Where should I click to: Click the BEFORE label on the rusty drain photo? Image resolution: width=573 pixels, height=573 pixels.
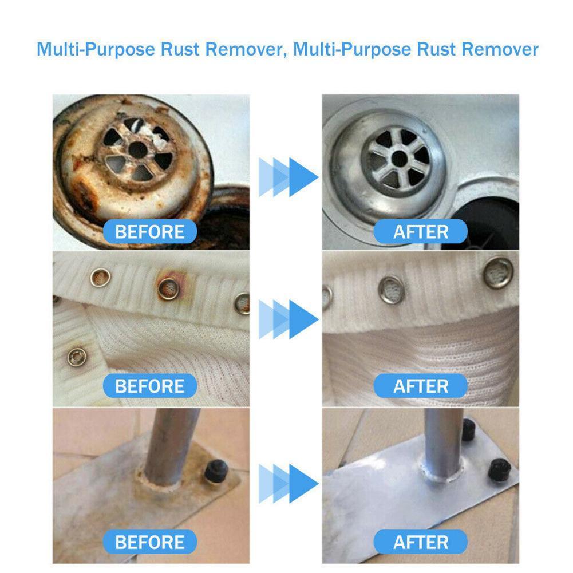pos(150,232)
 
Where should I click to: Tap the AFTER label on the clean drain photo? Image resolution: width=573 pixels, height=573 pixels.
pos(421,232)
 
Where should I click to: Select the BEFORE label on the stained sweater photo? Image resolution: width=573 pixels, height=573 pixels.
pos(150,386)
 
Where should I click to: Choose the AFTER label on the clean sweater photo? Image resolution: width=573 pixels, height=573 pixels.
pos(421,386)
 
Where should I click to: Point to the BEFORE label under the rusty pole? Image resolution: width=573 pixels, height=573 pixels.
pos(150,542)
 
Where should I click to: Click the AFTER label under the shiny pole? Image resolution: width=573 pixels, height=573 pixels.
pos(421,542)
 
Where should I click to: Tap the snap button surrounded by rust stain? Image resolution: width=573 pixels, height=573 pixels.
pos(168,289)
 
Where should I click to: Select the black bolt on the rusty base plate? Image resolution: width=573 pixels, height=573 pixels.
pos(217,471)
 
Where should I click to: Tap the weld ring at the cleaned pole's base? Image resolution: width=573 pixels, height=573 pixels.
pos(439,475)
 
